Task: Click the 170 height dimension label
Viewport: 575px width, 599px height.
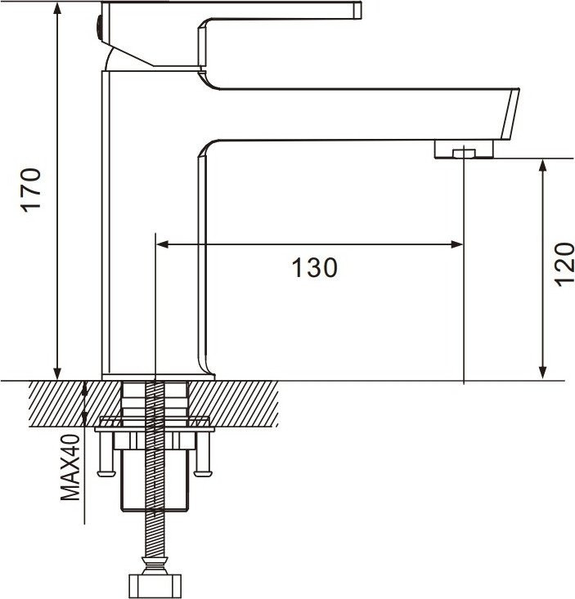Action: coord(31,190)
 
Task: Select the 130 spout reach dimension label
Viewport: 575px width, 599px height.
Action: coord(315,267)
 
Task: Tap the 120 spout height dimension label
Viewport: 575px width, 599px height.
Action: coord(564,264)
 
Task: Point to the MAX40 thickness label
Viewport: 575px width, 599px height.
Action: coord(70,467)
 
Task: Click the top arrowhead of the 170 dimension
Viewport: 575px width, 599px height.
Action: coord(57,7)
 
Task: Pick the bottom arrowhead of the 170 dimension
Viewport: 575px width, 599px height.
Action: coord(57,373)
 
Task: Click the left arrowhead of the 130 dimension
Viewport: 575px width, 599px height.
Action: coord(163,244)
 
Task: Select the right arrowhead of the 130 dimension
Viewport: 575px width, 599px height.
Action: coord(457,244)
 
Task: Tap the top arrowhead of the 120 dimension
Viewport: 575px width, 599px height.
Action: coord(542,166)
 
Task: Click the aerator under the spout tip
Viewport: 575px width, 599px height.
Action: coord(464,150)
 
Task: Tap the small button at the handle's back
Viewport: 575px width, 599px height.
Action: coord(99,27)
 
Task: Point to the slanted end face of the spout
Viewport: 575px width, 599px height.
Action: coord(510,114)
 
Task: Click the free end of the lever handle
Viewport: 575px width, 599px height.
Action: coord(357,11)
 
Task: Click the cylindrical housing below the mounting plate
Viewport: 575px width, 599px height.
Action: coord(155,481)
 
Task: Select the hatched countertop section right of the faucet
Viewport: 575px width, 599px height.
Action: coord(233,404)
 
